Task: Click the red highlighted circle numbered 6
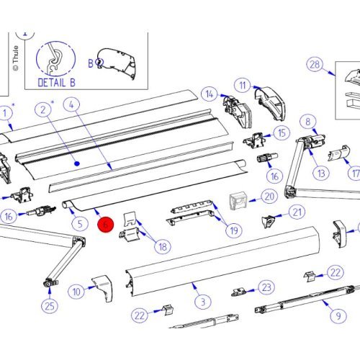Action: pos(105,225)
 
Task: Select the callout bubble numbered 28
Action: pos(315,65)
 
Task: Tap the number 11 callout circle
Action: pos(243,86)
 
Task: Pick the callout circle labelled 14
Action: pos(210,94)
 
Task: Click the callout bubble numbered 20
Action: pos(269,197)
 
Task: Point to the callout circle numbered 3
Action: pos(203,302)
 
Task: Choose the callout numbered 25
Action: pos(50,306)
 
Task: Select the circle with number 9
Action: pos(338,315)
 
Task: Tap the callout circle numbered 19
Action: pos(234,230)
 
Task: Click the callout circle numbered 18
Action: pos(163,246)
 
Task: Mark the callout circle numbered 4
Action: pos(71,104)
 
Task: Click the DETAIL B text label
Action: pos(57,83)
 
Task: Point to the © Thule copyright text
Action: pos(16,58)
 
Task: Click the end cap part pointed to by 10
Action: pos(102,288)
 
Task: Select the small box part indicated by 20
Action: pos(238,200)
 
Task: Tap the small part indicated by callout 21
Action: pos(268,221)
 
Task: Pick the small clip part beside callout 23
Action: pos(238,292)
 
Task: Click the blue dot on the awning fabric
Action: pos(77,163)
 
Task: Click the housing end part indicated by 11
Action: pos(270,103)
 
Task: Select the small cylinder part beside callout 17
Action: pos(339,153)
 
